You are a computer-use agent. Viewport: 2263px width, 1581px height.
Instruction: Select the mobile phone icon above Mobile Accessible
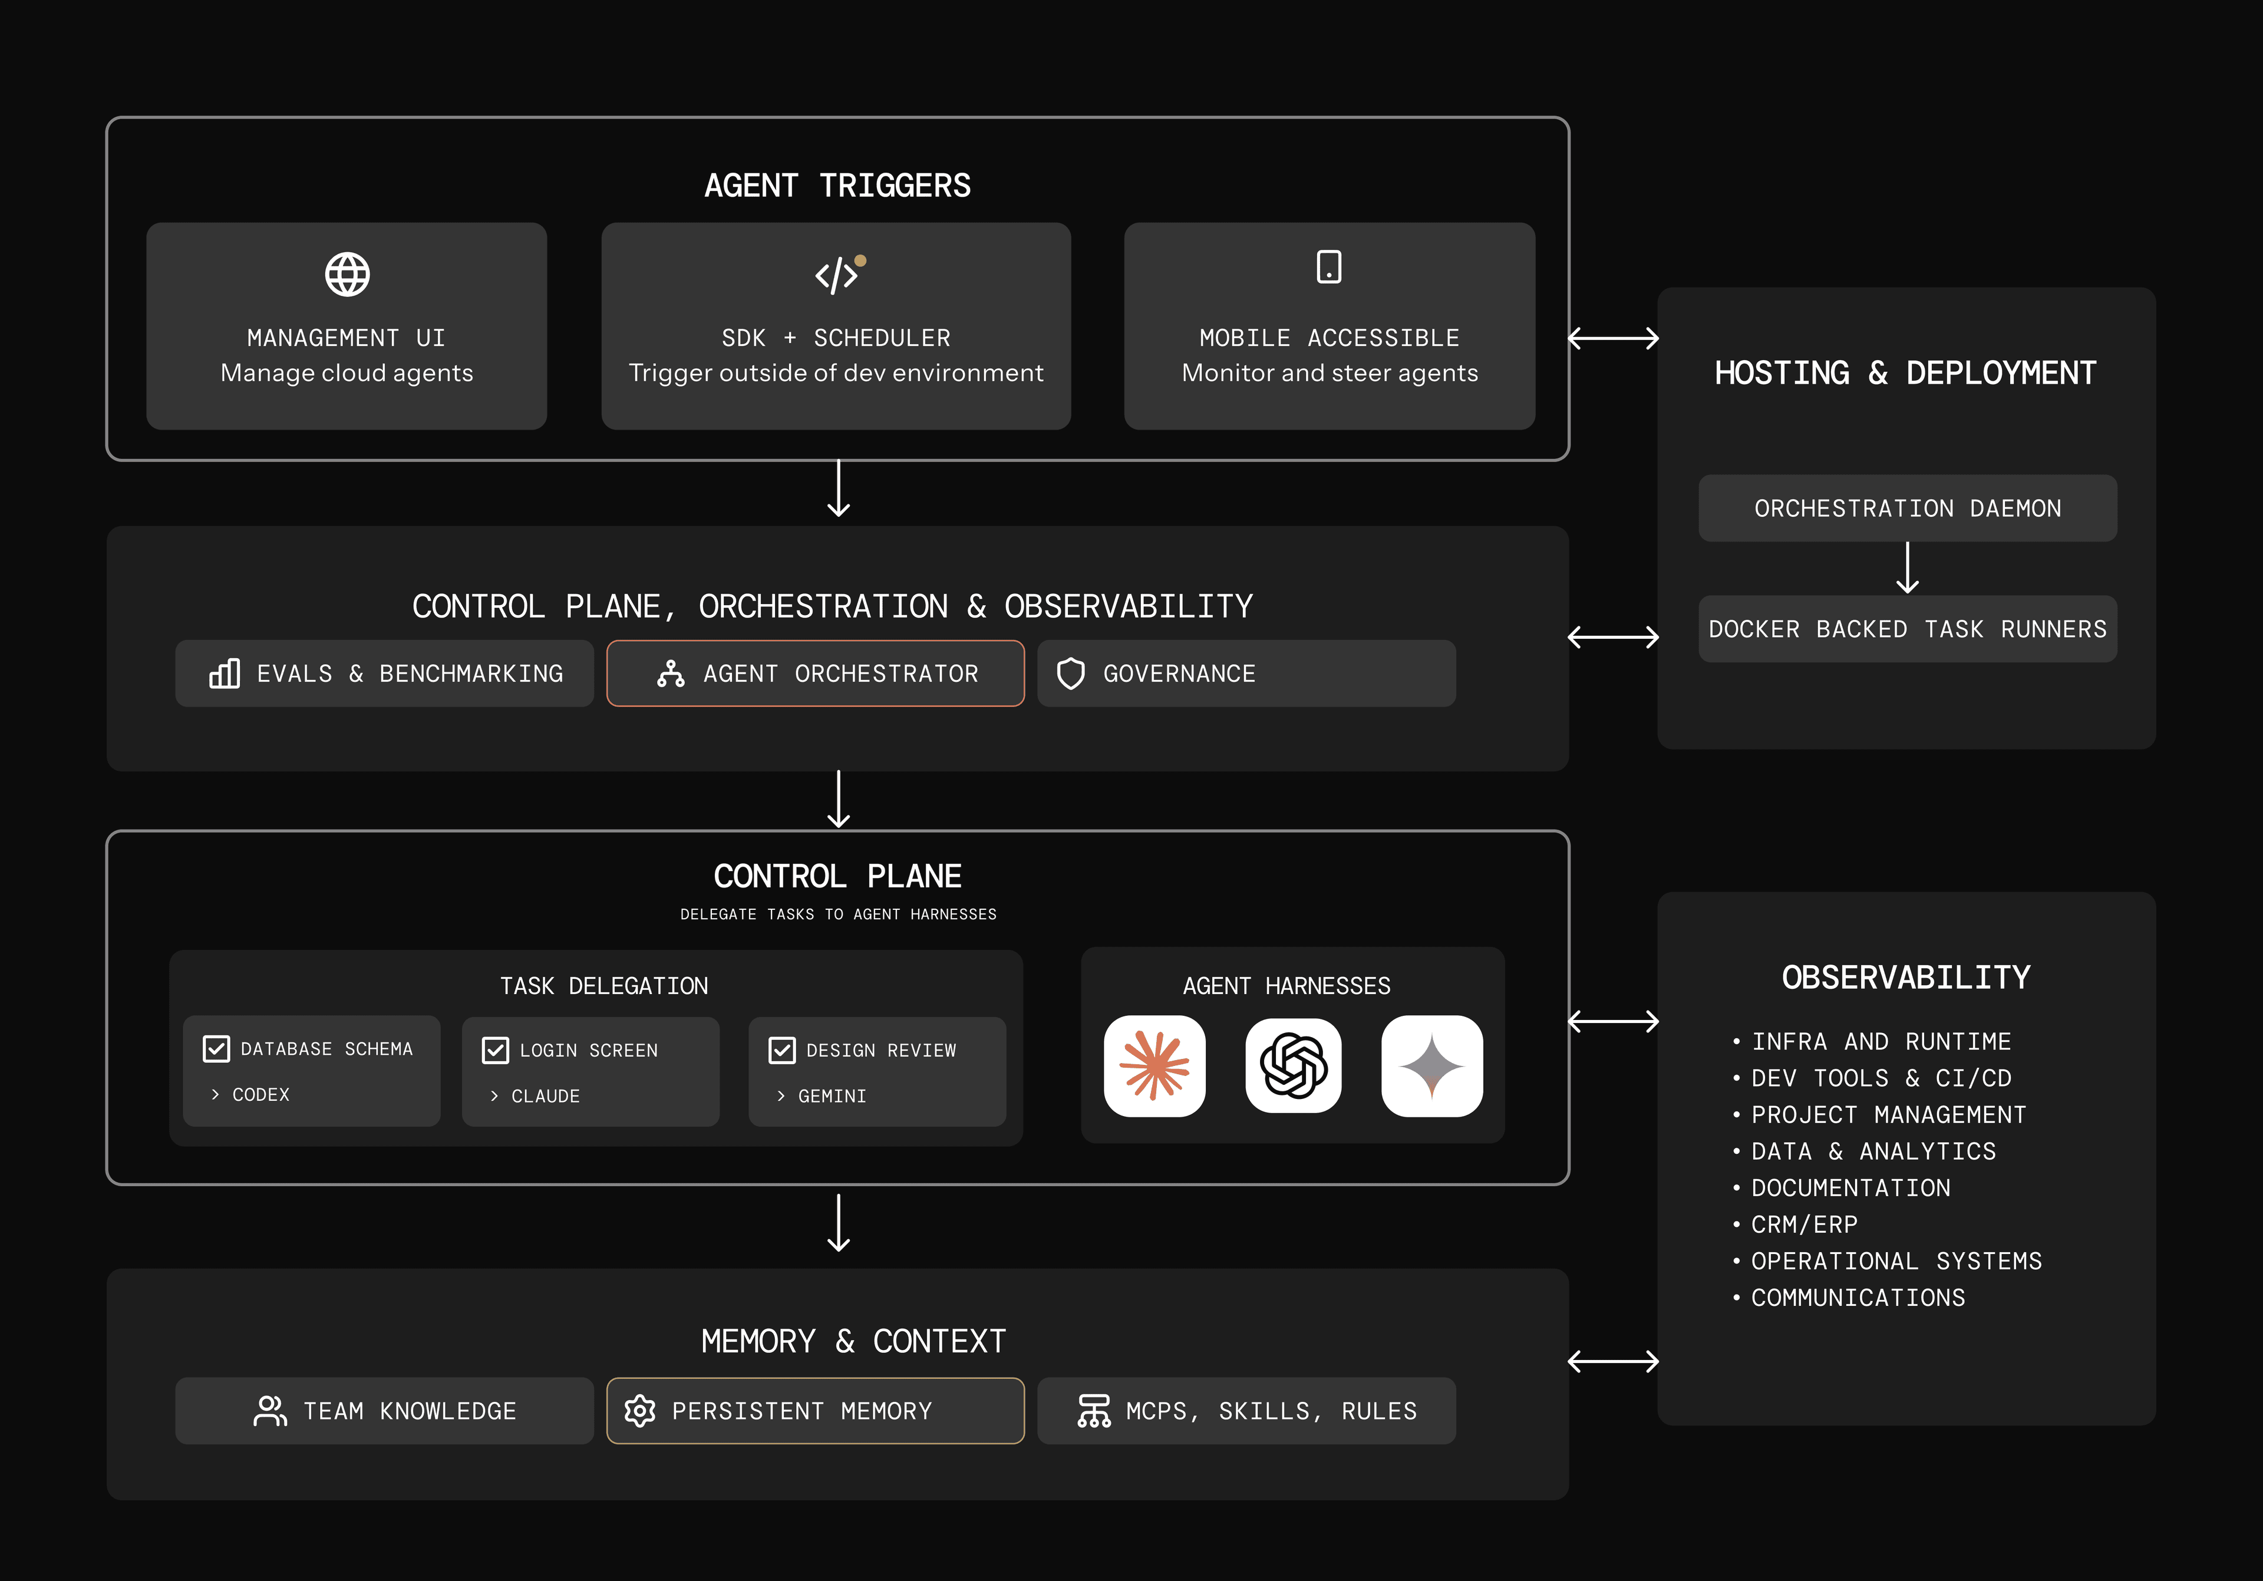[1328, 266]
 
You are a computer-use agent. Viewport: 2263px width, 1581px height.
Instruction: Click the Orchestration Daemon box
[1906, 509]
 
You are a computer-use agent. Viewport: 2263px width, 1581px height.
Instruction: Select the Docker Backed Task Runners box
[1906, 629]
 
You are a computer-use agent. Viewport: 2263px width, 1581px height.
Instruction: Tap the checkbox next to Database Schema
[216, 1049]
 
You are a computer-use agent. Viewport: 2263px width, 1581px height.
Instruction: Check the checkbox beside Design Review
[781, 1051]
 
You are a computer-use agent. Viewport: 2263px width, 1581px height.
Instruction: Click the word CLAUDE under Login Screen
[545, 1096]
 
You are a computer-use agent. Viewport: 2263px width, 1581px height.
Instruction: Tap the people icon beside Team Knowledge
[269, 1411]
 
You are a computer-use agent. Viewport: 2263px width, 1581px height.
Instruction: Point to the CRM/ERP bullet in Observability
[1804, 1224]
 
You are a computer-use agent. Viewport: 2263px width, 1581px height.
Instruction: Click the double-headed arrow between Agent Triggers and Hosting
[1612, 338]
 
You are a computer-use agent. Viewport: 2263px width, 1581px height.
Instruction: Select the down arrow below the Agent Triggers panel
[838, 489]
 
